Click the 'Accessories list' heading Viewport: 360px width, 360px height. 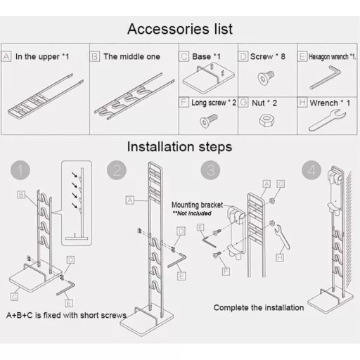pos(180,29)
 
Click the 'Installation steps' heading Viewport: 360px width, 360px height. pos(179,147)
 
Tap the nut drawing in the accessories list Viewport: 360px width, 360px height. pos(266,120)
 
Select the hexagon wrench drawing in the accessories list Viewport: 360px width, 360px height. pos(326,77)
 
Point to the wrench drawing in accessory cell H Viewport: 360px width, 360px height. pos(327,121)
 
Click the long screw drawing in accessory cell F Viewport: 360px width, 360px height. pos(209,120)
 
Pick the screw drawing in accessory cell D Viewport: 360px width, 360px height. pos(266,78)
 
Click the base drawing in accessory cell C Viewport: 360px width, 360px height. pos(208,78)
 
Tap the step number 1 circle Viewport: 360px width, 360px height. pos(20,170)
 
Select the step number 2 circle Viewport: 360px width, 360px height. pos(117,170)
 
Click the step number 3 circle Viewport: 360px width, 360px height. pos(210,170)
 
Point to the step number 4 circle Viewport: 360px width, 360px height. pos(311,170)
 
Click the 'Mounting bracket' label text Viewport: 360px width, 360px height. pos(197,205)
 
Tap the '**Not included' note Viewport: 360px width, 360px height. pos(192,213)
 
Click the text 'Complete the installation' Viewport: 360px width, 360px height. pos(259,307)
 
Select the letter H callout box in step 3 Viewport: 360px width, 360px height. pos(280,258)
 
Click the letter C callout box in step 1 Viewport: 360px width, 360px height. pos(14,297)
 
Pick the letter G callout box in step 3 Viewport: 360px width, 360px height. pos(281,184)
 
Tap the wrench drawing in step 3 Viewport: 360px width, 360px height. pos(282,237)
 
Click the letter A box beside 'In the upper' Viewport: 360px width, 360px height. pos(6,56)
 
